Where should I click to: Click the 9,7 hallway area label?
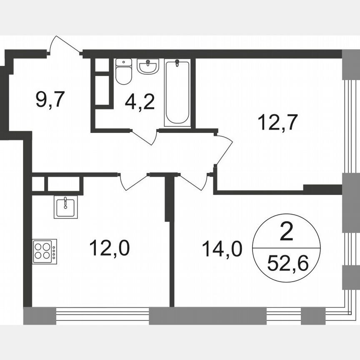pyautogui.click(x=50, y=100)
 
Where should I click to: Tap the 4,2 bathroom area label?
pyautogui.click(x=140, y=101)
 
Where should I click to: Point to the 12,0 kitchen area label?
pyautogui.click(x=110, y=248)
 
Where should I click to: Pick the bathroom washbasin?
pyautogui.click(x=148, y=66)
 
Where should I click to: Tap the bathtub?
pyautogui.click(x=177, y=92)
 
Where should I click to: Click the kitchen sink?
pyautogui.click(x=65, y=207)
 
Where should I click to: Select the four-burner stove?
pyautogui.click(x=45, y=251)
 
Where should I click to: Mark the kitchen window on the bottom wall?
pyautogui.click(x=102, y=315)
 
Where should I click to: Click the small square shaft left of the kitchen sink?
pyautogui.click(x=38, y=184)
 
